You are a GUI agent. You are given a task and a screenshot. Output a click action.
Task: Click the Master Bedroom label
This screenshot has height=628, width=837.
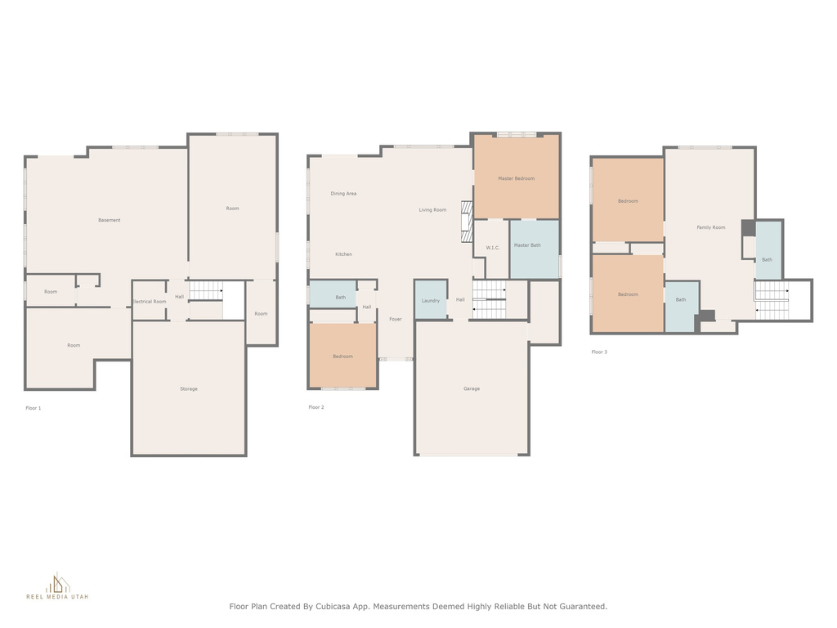click(x=516, y=178)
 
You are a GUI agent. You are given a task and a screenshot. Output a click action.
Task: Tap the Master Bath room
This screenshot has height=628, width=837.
click(x=535, y=249)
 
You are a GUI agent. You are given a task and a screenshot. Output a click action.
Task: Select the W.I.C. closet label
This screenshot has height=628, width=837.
click(x=493, y=248)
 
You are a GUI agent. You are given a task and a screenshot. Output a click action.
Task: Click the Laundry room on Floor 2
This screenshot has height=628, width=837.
click(x=431, y=299)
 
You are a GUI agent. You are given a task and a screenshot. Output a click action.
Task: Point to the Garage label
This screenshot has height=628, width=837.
click(x=472, y=388)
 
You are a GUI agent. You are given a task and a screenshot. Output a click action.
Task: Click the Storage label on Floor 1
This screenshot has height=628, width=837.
click(x=189, y=388)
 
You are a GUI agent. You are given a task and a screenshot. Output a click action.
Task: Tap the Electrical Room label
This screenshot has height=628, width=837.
click(x=150, y=302)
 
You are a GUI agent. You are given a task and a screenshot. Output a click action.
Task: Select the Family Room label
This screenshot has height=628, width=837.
click(x=711, y=227)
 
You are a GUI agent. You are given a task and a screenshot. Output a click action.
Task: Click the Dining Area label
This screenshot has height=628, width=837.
click(x=343, y=194)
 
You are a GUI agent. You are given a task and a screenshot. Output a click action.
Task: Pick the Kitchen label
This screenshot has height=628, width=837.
click(x=344, y=254)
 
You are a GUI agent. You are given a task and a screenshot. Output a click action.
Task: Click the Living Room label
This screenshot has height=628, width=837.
click(x=432, y=210)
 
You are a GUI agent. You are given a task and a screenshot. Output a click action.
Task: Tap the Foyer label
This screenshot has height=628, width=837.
click(x=396, y=320)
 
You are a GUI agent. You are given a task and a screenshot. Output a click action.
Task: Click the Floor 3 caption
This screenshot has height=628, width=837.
click(x=599, y=352)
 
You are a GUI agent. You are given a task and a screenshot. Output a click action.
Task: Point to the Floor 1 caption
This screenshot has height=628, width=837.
click(x=33, y=408)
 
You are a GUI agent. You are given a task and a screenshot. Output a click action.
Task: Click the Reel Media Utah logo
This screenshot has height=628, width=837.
click(x=57, y=586)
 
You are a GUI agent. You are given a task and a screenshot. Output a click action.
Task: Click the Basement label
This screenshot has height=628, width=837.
click(x=110, y=220)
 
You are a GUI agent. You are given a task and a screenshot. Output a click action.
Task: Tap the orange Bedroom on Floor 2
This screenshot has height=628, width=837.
click(x=342, y=356)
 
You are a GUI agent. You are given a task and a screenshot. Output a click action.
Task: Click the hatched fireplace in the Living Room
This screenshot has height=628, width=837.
click(x=467, y=222)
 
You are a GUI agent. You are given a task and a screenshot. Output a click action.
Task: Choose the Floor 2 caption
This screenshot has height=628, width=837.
click(x=316, y=407)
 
